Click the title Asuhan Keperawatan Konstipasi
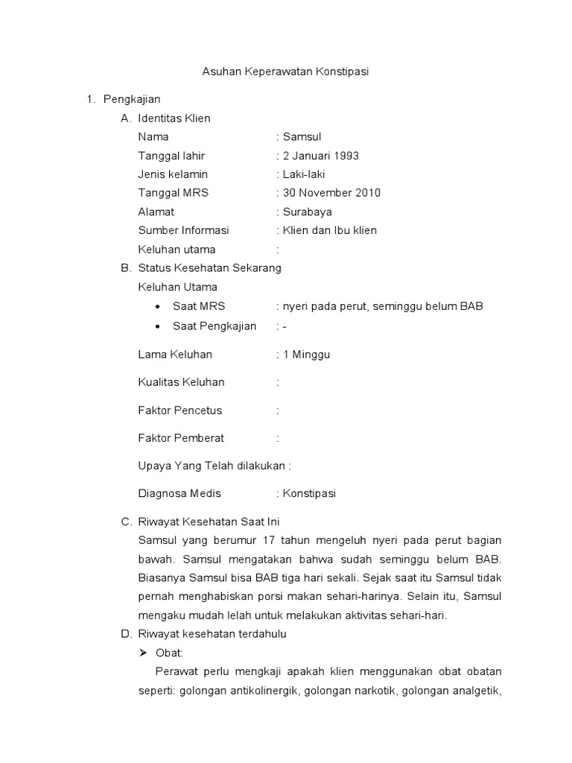286,72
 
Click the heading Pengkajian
132,99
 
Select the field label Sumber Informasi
183,230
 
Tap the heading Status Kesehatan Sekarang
209,268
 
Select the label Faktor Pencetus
180,411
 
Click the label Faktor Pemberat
181,438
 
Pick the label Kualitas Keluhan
181,382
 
